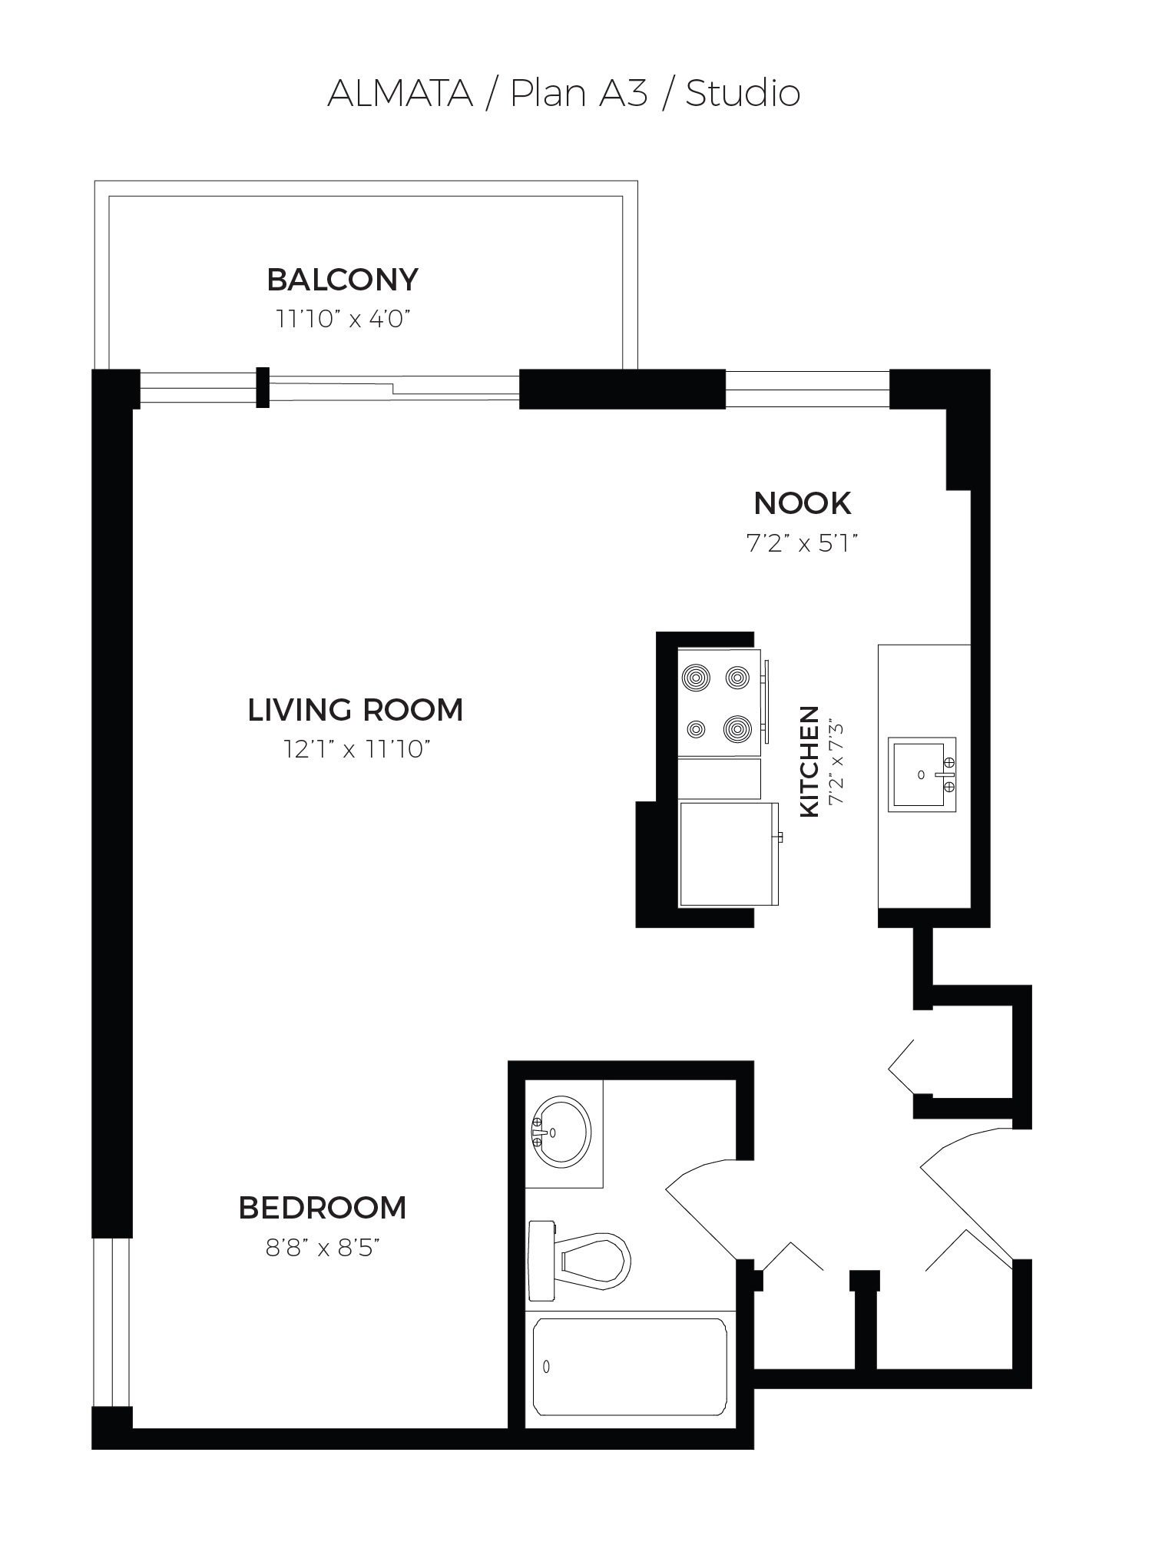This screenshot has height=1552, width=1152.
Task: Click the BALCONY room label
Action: [x=343, y=280]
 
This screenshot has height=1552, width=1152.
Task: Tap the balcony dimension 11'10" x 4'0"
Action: [x=339, y=319]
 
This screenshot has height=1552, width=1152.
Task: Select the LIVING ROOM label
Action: [x=356, y=710]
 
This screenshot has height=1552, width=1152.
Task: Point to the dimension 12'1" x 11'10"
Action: [x=356, y=749]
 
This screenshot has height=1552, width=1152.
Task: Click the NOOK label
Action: [x=803, y=504]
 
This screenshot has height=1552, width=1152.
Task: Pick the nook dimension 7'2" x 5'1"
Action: [x=802, y=544]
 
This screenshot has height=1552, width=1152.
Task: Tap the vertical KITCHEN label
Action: [x=810, y=761]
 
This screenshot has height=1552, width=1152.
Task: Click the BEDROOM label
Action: [x=323, y=1209]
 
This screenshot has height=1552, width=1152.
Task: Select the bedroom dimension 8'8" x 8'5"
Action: [x=323, y=1249]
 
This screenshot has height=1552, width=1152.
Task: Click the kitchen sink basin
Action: [x=919, y=774]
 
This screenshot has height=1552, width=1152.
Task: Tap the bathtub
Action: [x=630, y=1368]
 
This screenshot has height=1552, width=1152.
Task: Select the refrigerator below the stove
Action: [x=729, y=854]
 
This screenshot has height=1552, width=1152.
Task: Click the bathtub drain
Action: [x=546, y=1367]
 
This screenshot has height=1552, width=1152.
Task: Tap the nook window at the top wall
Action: [x=807, y=389]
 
